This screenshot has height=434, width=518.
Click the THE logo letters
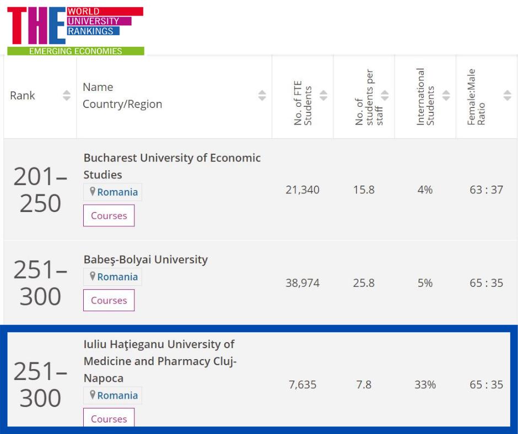point(36,26)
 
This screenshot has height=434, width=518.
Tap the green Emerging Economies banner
point(75,51)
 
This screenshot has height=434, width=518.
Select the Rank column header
point(23,96)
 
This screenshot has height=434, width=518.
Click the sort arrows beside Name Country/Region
point(262,96)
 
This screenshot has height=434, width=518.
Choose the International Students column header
point(425,97)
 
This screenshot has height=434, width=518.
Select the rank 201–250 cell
point(40,190)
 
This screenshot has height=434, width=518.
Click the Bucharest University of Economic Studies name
point(172,166)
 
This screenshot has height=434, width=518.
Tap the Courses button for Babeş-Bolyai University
point(109,300)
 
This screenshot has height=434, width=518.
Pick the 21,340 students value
point(303,190)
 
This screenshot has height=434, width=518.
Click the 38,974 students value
point(303,283)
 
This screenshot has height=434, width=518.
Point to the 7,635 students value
point(303,384)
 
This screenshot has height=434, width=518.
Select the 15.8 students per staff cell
point(364,190)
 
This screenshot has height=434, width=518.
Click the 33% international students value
point(425,384)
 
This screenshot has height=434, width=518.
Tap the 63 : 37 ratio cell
point(486,190)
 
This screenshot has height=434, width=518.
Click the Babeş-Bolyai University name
point(145,259)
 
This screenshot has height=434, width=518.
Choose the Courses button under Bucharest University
point(109,215)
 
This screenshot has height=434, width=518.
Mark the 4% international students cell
point(425,190)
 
